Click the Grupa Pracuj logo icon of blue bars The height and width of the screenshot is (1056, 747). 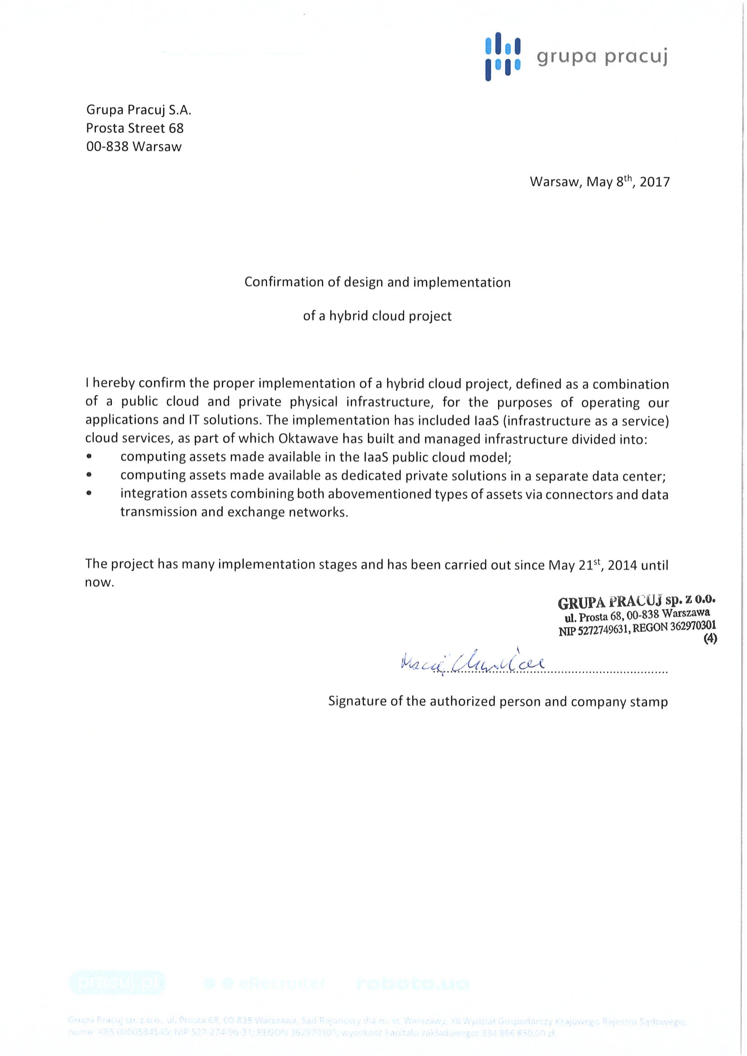503,56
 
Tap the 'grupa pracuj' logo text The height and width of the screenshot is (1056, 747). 602,57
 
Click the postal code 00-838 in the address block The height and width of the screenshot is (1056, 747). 107,147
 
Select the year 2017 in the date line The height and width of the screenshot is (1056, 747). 655,182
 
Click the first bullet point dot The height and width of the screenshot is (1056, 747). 89,456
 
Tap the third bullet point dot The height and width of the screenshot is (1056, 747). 89,493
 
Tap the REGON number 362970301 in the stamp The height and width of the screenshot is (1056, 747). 693,626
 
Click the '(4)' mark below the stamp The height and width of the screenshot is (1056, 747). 710,639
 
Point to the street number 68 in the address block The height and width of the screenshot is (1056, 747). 176,128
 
